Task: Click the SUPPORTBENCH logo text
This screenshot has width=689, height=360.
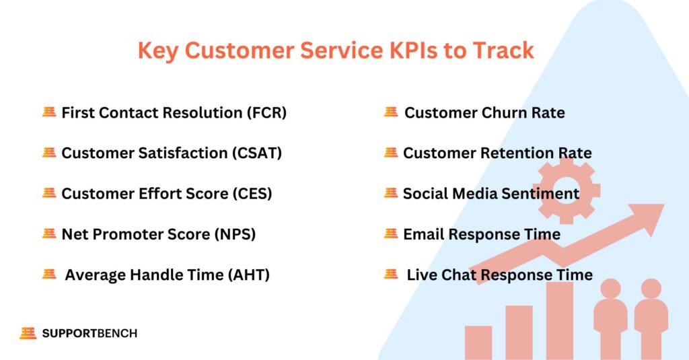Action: (89, 333)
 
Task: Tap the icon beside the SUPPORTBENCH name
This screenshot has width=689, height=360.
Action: (28, 333)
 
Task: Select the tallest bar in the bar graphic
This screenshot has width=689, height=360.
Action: (559, 320)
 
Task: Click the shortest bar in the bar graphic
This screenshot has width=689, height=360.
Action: (478, 343)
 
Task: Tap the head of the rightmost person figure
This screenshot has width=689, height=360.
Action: (651, 289)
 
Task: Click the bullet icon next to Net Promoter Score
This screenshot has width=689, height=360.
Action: (48, 233)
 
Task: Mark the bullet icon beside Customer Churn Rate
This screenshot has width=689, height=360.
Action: (391, 112)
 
